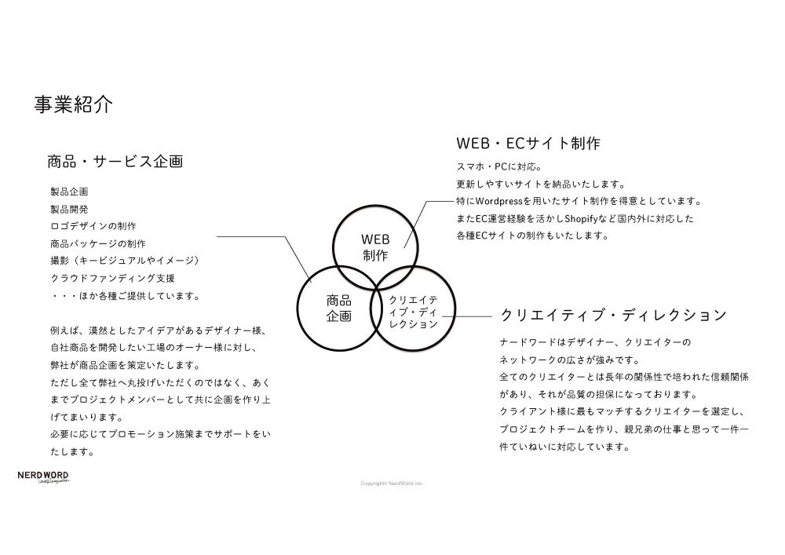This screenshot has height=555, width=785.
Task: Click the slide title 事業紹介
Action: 73,104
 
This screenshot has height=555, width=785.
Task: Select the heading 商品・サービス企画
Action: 115,162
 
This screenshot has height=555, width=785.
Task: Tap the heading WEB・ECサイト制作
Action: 528,144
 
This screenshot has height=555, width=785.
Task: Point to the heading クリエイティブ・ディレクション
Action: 613,316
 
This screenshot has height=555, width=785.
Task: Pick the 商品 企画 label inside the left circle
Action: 338,309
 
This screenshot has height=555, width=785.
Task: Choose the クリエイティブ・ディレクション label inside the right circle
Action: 413,312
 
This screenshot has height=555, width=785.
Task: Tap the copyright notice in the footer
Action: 392,484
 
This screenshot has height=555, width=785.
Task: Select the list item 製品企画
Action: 69,192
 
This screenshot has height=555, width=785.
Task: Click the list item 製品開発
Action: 69,210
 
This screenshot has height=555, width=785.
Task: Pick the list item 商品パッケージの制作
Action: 97,243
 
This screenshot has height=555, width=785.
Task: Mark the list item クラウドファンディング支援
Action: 112,278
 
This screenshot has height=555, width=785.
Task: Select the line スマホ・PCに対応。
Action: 498,166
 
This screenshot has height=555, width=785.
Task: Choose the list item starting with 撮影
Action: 126,261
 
